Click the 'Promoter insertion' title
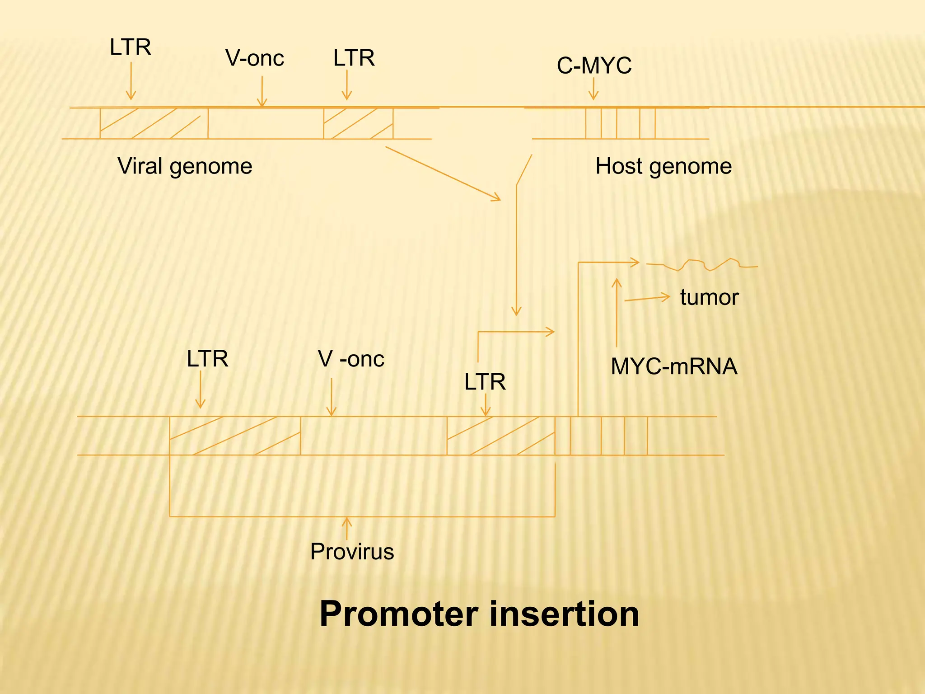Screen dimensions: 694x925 pyautogui.click(x=479, y=614)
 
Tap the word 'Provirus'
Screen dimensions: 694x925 pyautogui.click(x=352, y=552)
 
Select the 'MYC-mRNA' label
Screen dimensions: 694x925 pyautogui.click(x=674, y=366)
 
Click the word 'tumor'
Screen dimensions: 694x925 pyautogui.click(x=709, y=298)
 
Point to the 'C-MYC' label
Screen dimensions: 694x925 pyautogui.click(x=594, y=66)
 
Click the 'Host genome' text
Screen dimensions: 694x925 pyautogui.click(x=663, y=166)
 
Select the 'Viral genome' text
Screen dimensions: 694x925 pyautogui.click(x=185, y=166)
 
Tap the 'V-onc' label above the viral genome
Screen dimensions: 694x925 pyautogui.click(x=255, y=58)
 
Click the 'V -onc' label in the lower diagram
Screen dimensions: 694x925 pyautogui.click(x=351, y=359)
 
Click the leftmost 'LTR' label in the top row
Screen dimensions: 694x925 pyautogui.click(x=130, y=47)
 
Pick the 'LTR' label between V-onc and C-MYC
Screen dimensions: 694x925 pyautogui.click(x=354, y=58)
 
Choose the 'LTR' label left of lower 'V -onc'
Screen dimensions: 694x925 pyautogui.click(x=207, y=359)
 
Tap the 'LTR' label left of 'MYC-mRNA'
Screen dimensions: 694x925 pyautogui.click(x=485, y=382)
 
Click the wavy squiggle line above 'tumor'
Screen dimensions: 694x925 pyautogui.click(x=702, y=265)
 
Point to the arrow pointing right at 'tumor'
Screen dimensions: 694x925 pyautogui.click(x=647, y=299)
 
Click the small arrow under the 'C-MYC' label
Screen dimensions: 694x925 pyautogui.click(x=593, y=89)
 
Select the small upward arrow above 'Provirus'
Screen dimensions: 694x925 pyautogui.click(x=346, y=529)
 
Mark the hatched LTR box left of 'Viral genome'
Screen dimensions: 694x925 pyautogui.click(x=154, y=123)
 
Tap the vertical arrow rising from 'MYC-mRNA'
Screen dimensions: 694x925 pyautogui.click(x=617, y=312)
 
